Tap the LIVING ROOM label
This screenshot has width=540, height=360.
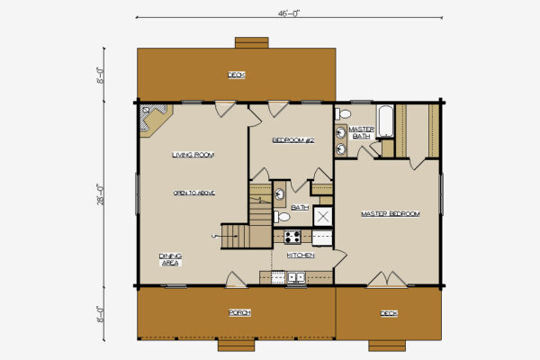193,155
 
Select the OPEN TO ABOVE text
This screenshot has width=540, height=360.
193,193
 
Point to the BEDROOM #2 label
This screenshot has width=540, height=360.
292,140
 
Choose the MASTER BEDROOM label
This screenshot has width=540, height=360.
390,213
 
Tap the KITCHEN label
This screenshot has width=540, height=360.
301,255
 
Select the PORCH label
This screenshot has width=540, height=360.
238,312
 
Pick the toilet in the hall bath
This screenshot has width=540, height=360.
283,217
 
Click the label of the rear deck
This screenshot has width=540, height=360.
236,75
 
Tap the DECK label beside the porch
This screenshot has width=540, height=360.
388,313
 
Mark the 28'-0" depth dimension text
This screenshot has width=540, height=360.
102,193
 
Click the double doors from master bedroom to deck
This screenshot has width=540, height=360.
388,280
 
